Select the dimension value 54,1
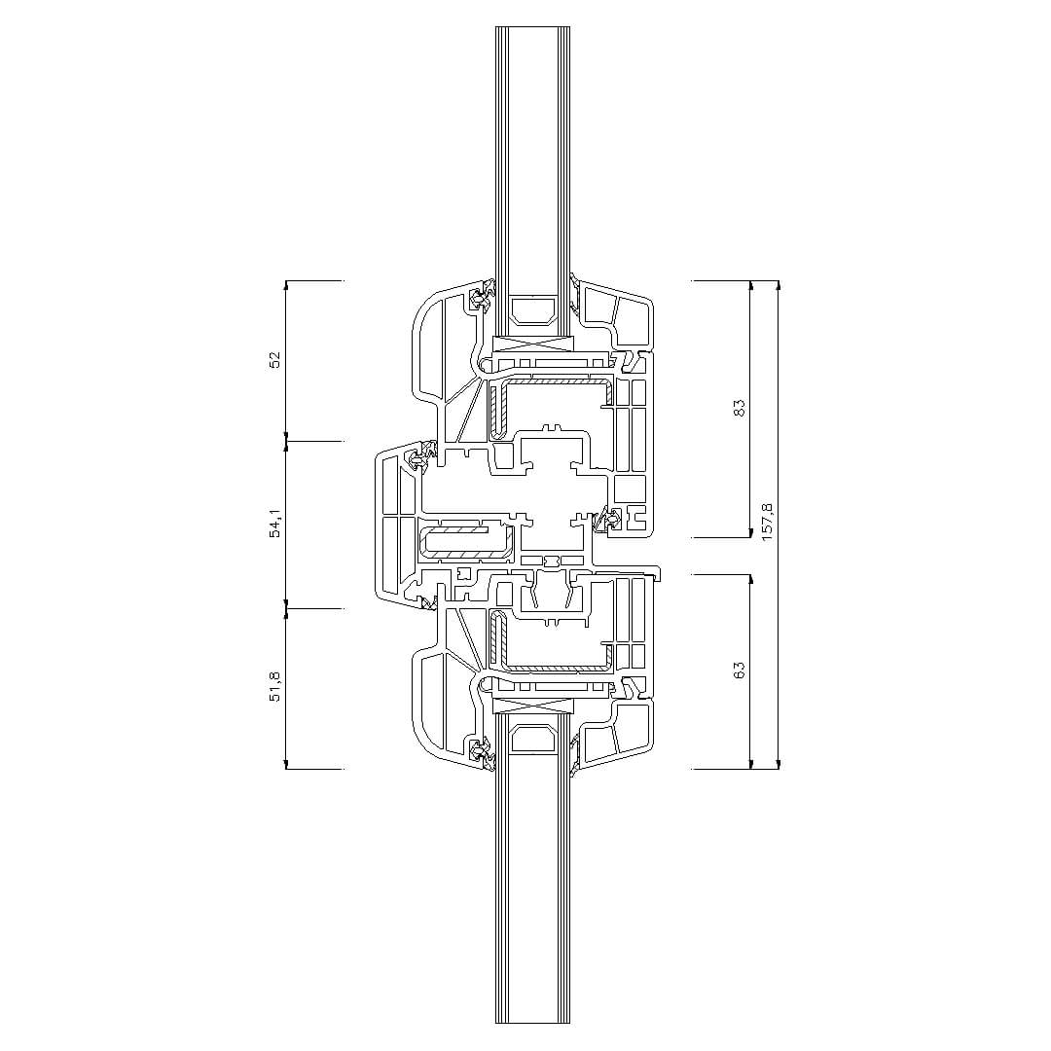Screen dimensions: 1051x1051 274,523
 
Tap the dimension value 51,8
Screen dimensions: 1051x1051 274,686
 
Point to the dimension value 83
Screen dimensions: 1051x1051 739,408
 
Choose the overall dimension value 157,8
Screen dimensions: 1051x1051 768,522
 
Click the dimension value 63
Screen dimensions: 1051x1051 739,670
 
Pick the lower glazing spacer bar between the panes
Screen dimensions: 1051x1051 533,739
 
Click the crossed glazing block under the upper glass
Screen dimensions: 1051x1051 533,344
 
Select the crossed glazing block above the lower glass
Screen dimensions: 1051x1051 533,705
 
